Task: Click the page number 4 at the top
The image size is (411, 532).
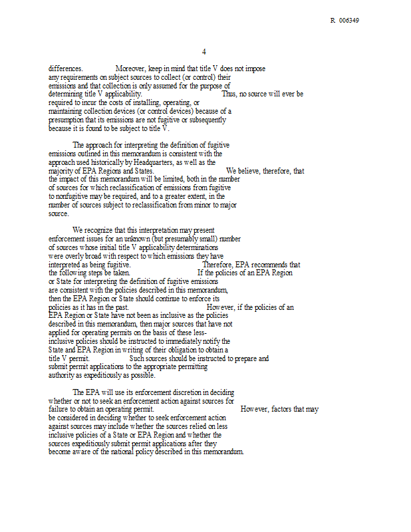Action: coord(204,52)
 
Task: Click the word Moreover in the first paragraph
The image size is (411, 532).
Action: coord(132,68)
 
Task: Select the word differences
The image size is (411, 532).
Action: coord(66,68)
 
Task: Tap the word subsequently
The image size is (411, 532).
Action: coord(206,120)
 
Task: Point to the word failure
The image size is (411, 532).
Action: coord(59,410)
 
